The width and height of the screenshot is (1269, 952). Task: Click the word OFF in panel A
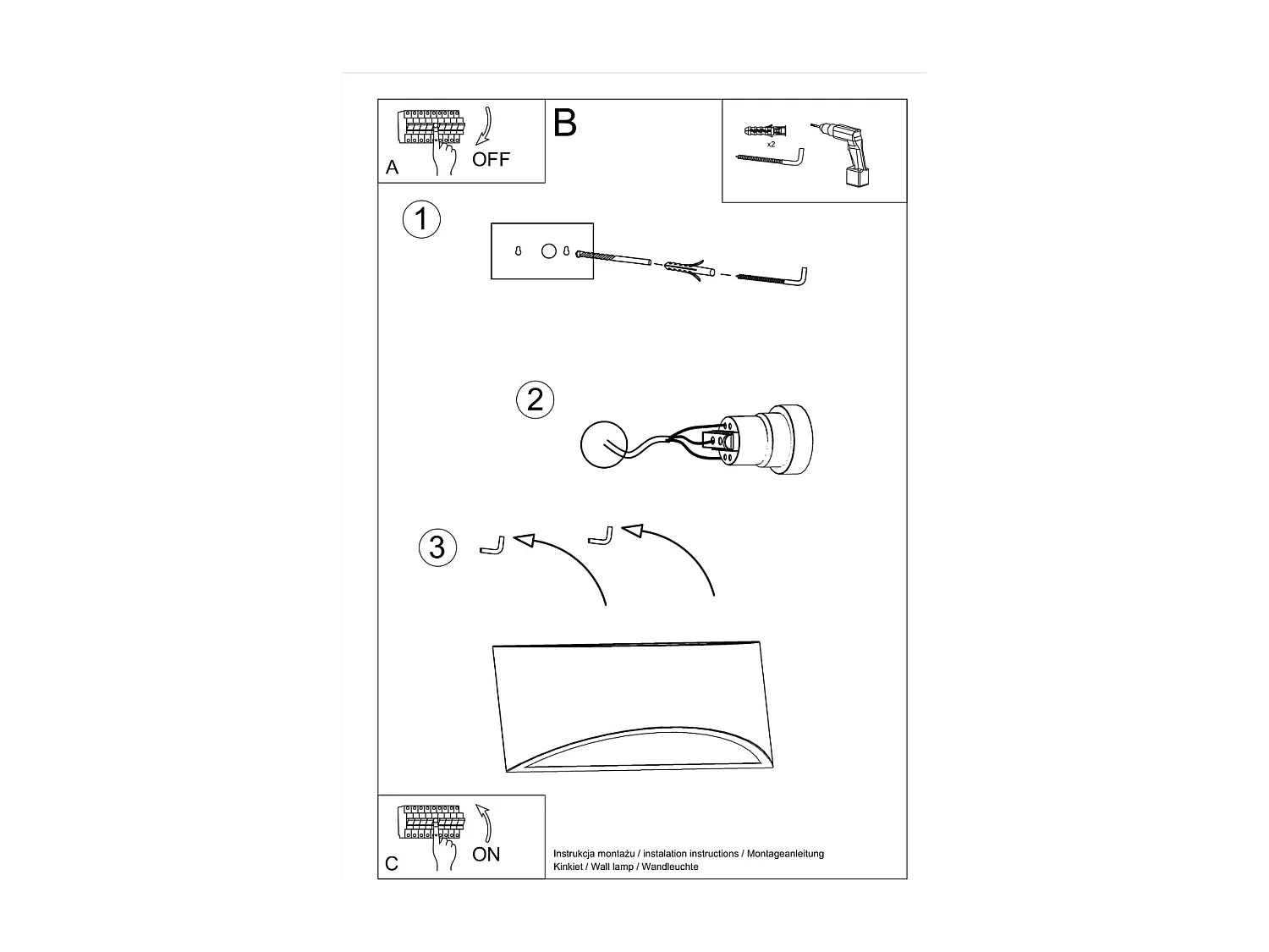click(491, 159)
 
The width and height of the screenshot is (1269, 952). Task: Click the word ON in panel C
click(486, 855)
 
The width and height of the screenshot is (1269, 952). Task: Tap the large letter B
click(564, 124)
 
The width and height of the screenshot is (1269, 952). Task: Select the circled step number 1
click(420, 220)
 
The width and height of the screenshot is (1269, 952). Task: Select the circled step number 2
click(535, 399)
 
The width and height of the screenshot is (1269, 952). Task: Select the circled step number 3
click(437, 547)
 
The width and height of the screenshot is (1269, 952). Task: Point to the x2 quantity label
click(771, 145)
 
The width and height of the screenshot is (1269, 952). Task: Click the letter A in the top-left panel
click(392, 168)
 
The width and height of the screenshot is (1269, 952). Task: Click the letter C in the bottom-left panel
click(391, 864)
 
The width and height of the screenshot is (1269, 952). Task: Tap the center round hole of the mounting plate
click(549, 251)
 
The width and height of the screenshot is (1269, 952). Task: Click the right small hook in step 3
click(601, 537)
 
